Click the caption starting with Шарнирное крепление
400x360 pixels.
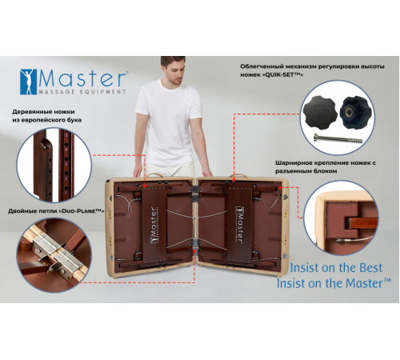click(x=328, y=161)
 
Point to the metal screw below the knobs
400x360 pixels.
click(x=351, y=140)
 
